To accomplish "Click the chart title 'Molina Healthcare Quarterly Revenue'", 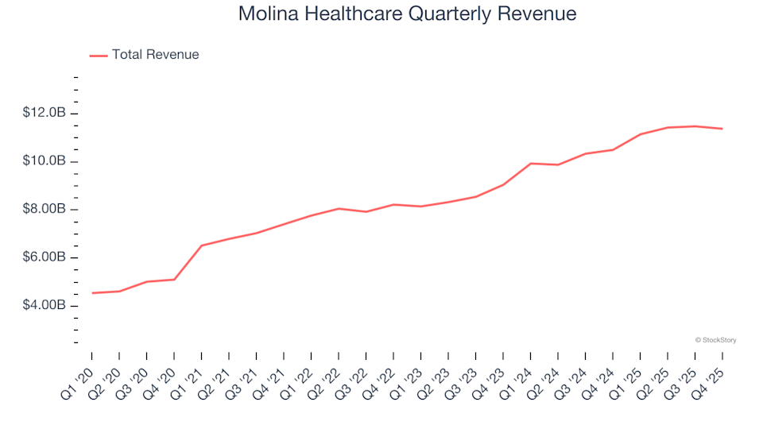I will point(407,14).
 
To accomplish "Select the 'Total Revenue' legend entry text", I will point(155,55).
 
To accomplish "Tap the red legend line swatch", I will point(99,56).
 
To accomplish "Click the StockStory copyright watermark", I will point(715,340).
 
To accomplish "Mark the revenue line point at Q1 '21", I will point(201,245).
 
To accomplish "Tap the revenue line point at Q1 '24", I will point(530,164).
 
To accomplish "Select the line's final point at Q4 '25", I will point(722,129).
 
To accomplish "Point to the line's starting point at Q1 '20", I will point(92,293).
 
